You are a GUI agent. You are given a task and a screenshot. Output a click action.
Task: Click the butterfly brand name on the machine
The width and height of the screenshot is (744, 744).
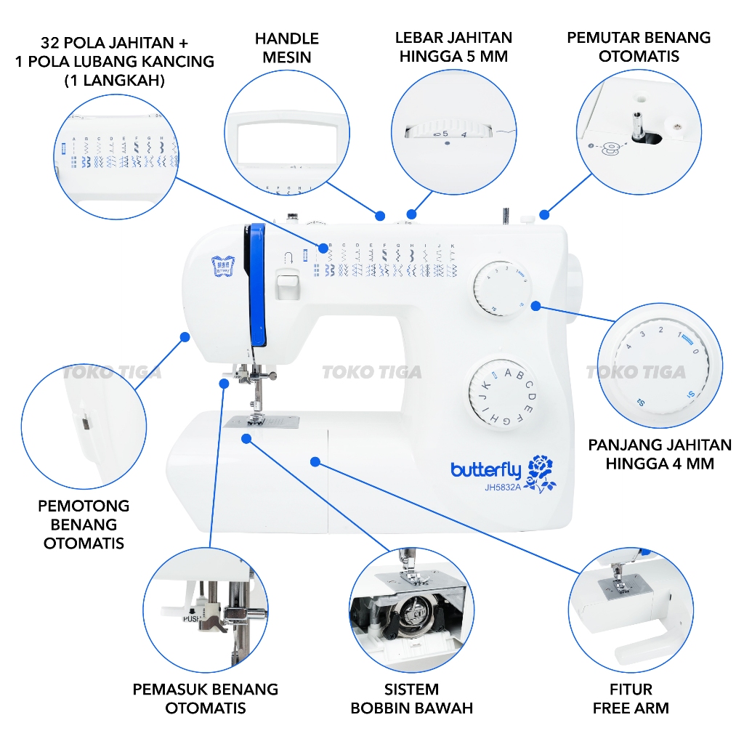(x=485, y=470)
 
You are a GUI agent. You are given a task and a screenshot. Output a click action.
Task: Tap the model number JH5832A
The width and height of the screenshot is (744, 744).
(x=503, y=488)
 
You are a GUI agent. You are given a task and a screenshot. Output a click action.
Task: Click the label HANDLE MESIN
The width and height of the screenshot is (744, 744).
(x=286, y=47)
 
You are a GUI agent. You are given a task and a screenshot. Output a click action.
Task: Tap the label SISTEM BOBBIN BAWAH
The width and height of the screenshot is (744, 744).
(x=411, y=698)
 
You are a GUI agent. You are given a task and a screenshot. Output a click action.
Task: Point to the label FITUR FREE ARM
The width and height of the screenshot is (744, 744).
(x=630, y=698)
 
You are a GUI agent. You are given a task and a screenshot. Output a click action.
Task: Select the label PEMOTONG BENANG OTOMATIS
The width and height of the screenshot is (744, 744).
(x=84, y=524)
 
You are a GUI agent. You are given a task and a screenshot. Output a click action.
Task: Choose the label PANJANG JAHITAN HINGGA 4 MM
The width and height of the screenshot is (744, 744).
(x=659, y=453)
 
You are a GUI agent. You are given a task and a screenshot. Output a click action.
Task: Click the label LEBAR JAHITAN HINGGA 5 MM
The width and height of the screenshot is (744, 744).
(x=453, y=47)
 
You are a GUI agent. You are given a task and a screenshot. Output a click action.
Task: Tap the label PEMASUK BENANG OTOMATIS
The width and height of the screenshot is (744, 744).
(x=205, y=698)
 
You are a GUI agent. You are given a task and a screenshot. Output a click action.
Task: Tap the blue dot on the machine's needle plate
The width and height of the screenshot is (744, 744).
(x=247, y=439)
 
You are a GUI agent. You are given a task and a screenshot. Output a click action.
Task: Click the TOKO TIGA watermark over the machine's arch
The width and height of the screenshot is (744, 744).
(x=371, y=373)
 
